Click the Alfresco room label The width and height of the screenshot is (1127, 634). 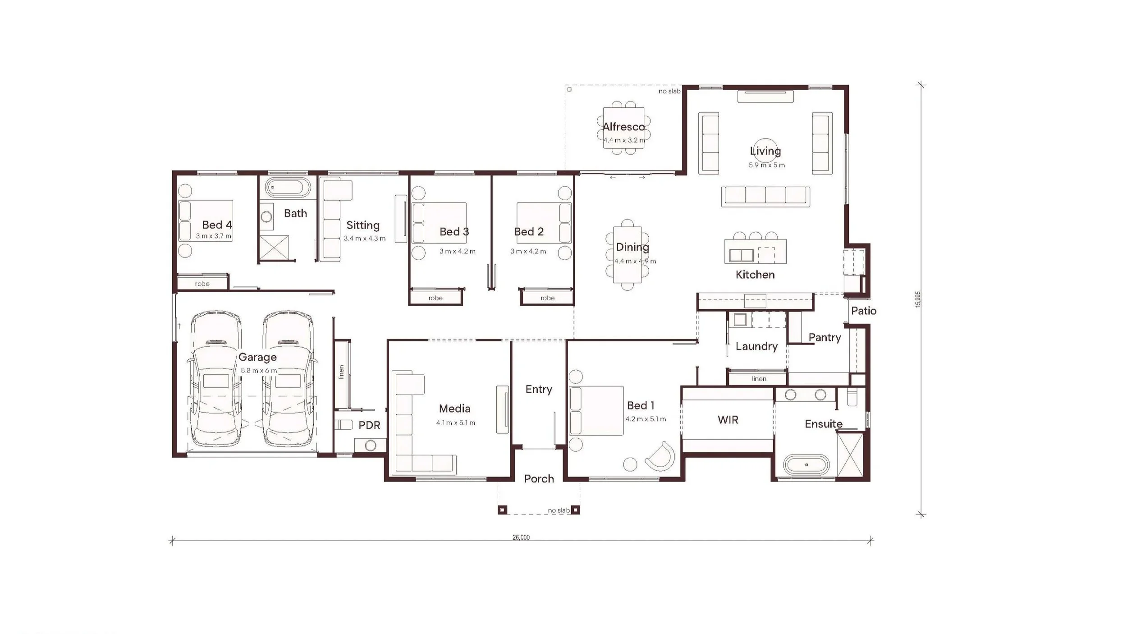[623, 127]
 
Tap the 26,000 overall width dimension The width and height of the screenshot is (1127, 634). [521, 538]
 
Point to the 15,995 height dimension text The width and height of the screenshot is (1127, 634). [918, 299]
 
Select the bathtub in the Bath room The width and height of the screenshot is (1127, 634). [288, 187]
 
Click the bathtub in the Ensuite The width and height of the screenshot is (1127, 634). [806, 464]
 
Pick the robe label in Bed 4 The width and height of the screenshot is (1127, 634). [202, 284]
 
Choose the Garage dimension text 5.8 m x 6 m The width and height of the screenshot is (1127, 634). [259, 371]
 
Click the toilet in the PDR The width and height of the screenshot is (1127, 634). [344, 425]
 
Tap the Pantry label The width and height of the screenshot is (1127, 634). [825, 338]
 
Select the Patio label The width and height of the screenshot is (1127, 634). [864, 311]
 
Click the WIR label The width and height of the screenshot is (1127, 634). [728, 420]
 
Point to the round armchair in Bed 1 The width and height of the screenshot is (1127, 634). [661, 456]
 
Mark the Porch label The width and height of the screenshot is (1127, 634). [539, 478]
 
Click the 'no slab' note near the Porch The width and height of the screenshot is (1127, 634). [559, 510]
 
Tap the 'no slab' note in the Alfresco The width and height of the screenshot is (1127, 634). [669, 91]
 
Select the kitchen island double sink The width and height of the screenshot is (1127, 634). [741, 255]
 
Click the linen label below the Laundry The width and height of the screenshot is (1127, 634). [759, 379]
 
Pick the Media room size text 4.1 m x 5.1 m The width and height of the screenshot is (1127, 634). [455, 423]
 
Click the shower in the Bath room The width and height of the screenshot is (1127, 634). [274, 248]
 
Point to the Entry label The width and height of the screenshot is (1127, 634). [539, 389]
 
